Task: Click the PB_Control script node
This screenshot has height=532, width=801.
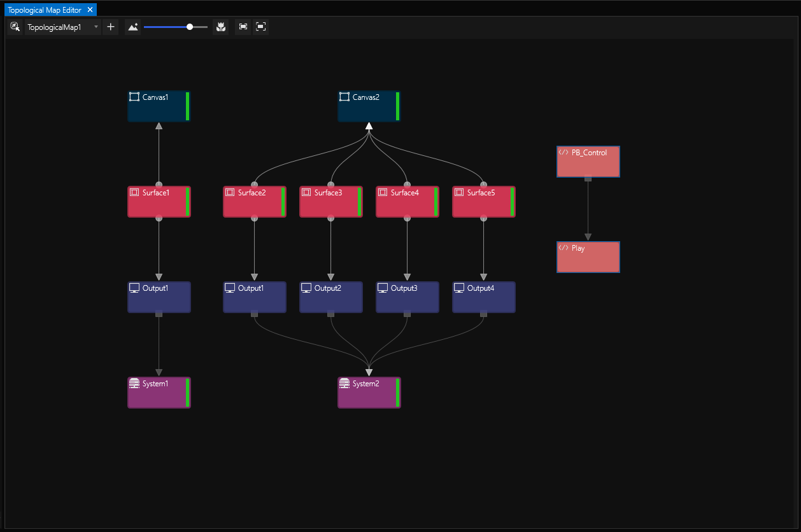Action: pos(588,162)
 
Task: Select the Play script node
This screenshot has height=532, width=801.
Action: pos(588,257)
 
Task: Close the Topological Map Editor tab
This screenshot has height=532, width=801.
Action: pos(90,10)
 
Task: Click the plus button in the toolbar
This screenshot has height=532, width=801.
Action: pos(111,27)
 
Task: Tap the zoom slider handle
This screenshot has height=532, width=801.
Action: pos(190,27)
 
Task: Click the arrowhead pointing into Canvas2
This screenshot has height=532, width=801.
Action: pos(369,126)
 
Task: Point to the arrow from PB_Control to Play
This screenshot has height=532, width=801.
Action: pos(588,210)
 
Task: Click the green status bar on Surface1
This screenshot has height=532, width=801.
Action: pos(188,202)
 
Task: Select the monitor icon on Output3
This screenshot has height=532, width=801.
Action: pos(383,288)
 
